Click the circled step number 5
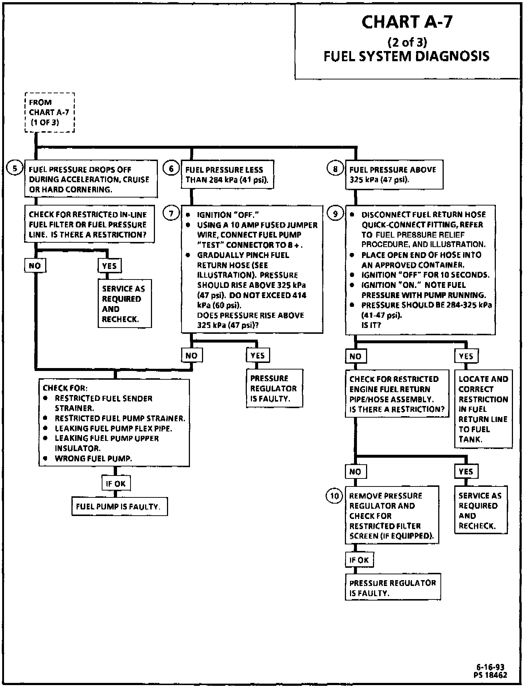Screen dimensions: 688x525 [15, 169]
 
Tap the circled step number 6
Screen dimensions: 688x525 [171, 169]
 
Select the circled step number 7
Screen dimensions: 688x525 [171, 213]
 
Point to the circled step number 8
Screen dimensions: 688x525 [335, 169]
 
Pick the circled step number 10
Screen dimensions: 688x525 [335, 496]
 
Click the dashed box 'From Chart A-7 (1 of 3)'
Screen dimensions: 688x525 [50, 112]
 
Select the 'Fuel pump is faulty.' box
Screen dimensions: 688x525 [119, 507]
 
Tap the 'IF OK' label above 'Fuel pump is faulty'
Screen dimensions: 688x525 [116, 484]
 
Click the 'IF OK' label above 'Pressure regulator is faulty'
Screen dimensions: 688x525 [359, 560]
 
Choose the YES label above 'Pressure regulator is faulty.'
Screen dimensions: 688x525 [258, 355]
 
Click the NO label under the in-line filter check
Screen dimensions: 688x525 [35, 266]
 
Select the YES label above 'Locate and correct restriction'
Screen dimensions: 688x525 [466, 356]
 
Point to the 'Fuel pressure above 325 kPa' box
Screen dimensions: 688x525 [394, 175]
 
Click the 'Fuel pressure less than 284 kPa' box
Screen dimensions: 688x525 [227, 175]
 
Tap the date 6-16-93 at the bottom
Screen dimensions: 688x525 [490, 667]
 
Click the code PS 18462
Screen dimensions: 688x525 [490, 675]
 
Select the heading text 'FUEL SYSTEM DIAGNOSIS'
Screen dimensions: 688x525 [407, 56]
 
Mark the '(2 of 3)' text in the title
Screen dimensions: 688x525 [407, 42]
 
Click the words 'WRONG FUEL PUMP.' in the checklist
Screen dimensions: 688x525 [93, 458]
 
